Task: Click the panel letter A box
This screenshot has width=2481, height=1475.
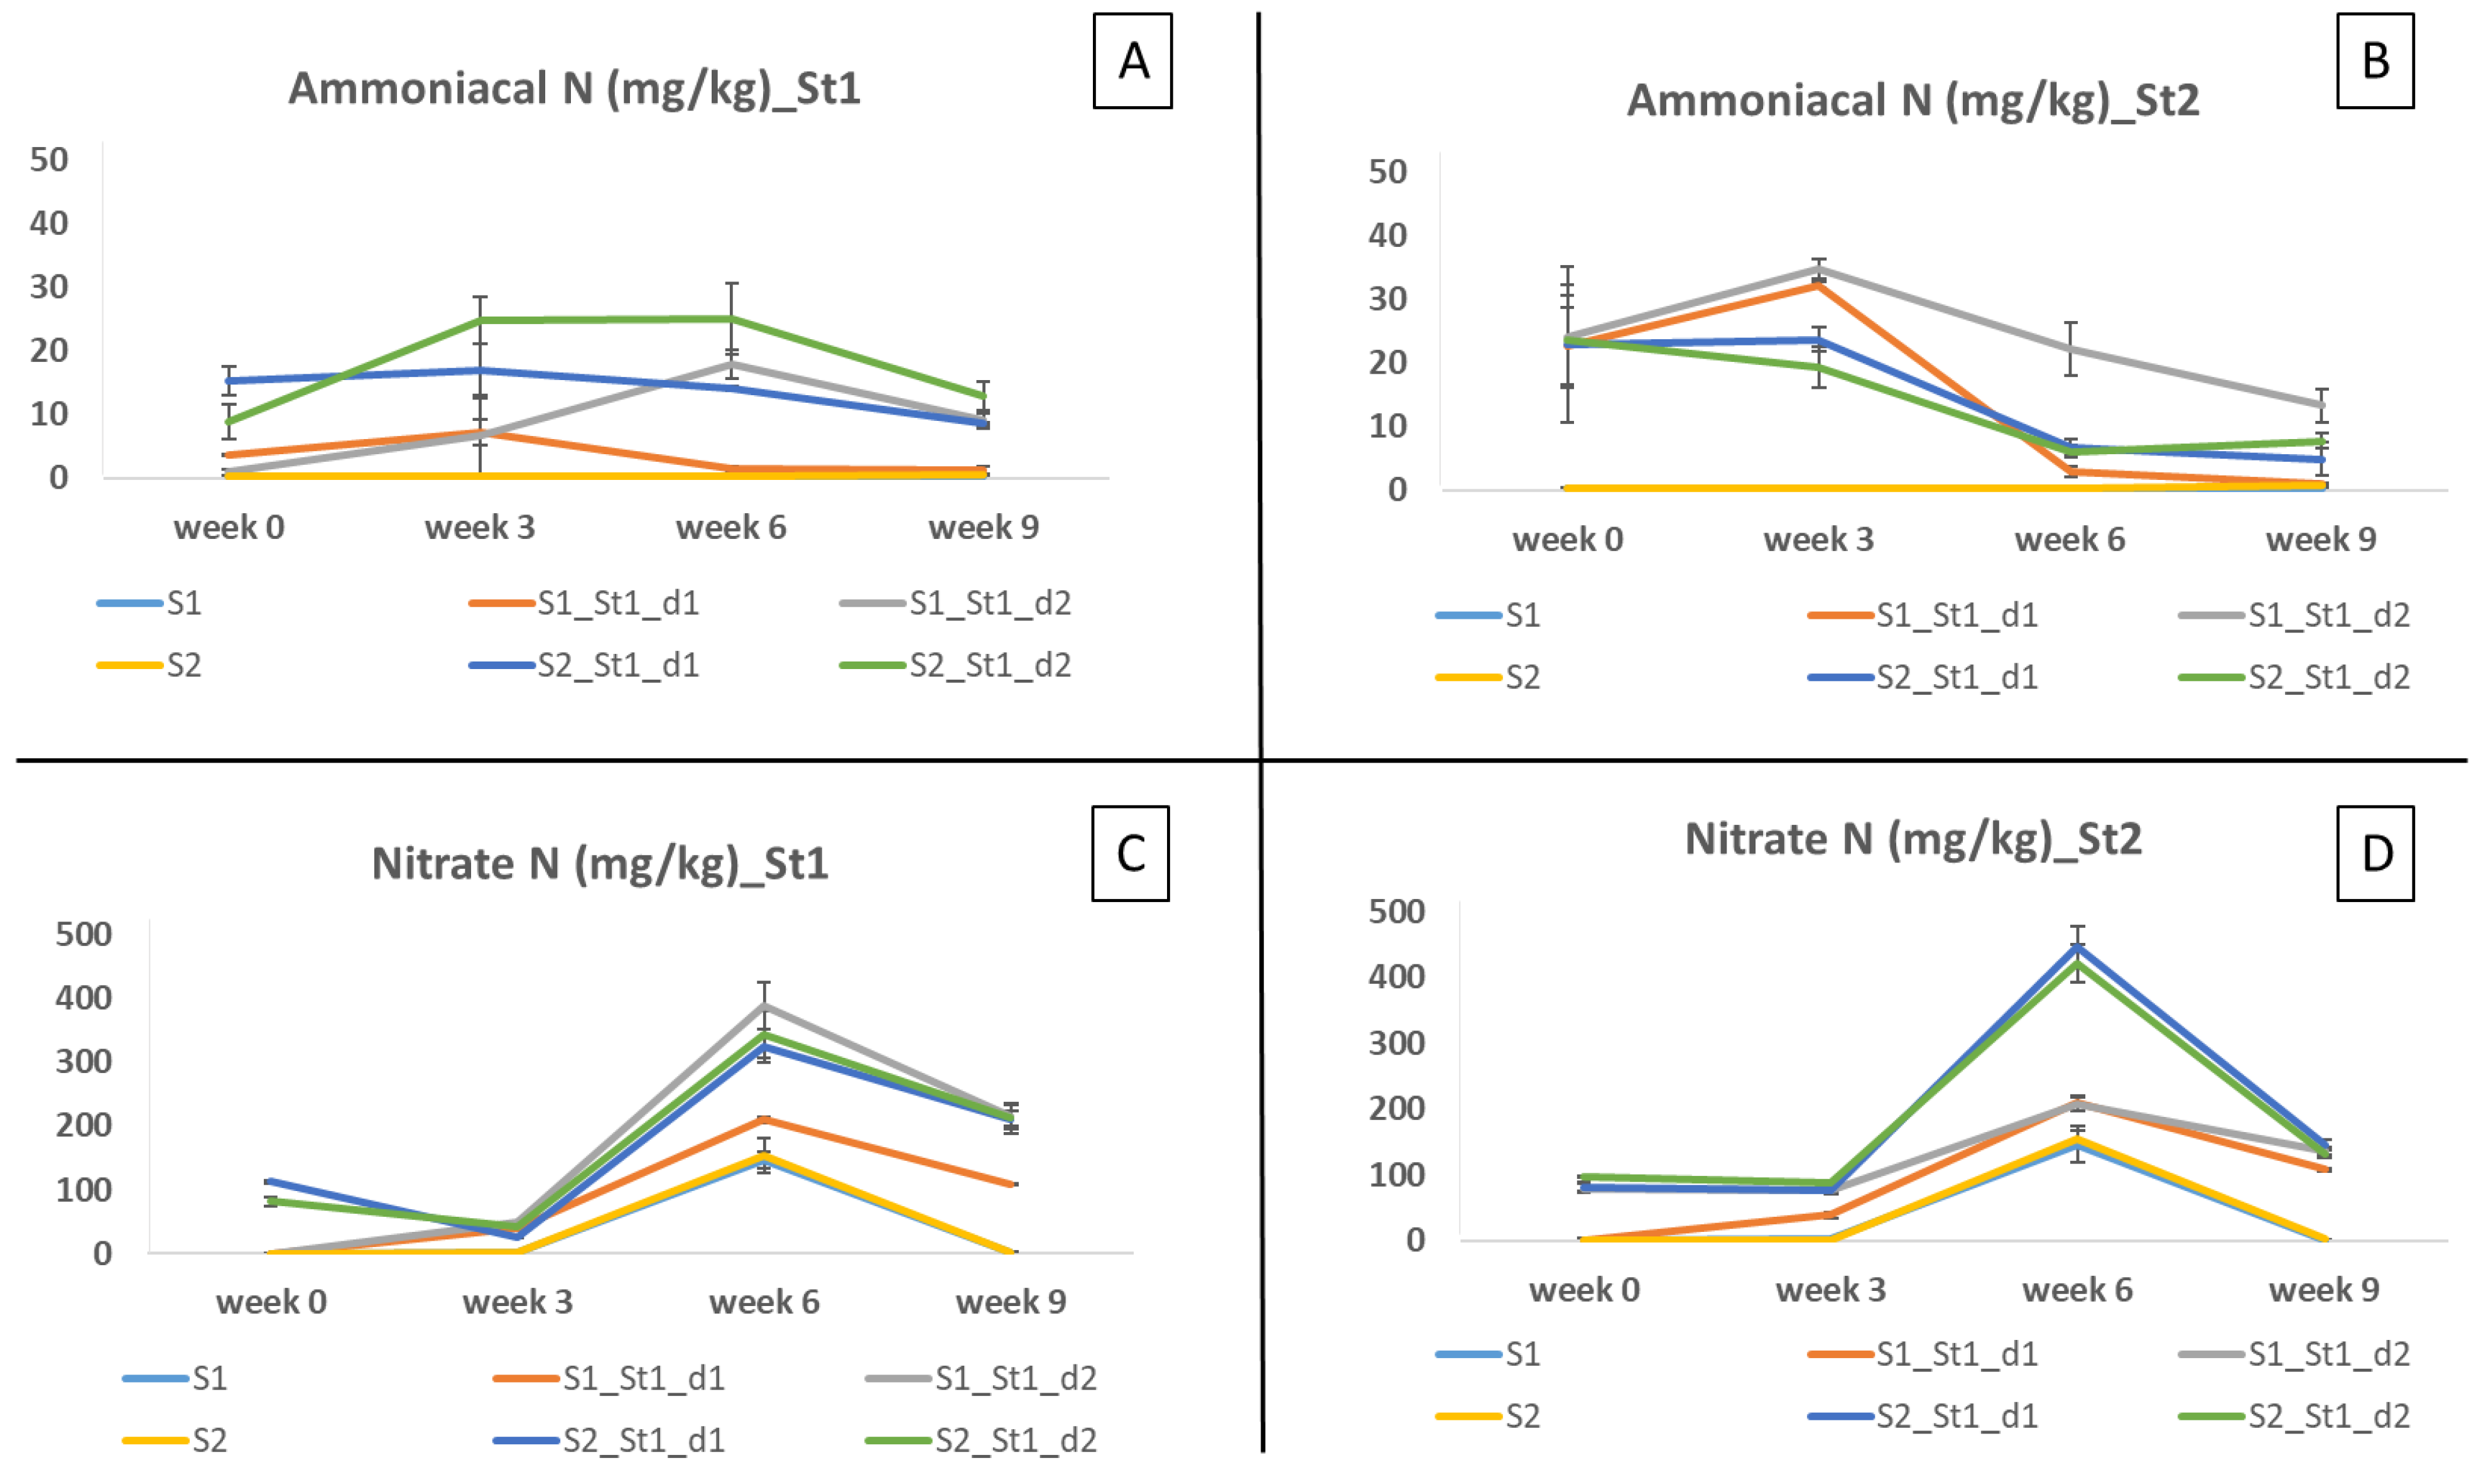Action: (1132, 61)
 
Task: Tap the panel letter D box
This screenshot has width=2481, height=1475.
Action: (2375, 853)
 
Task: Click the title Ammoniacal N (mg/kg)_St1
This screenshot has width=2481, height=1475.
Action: (574, 89)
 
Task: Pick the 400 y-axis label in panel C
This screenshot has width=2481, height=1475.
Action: (84, 997)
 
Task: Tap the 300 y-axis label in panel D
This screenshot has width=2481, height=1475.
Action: (1396, 1042)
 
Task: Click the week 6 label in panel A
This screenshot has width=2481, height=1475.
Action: (731, 527)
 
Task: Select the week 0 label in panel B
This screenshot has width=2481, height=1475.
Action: (1568, 539)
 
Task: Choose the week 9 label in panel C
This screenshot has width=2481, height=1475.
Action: (1011, 1301)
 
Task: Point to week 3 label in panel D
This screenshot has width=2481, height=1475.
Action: (1830, 1289)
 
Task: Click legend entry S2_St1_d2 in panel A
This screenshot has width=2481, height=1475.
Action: (956, 665)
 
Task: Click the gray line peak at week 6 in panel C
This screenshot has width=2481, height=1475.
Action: (764, 1006)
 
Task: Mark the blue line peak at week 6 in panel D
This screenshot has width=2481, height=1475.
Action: (2077, 947)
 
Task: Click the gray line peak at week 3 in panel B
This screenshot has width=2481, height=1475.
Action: (1818, 268)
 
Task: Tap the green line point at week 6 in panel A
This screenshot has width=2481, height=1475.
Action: (731, 319)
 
